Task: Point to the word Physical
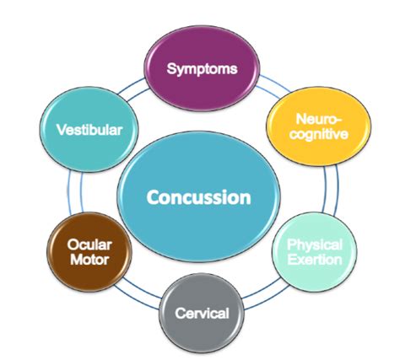(x=314, y=244)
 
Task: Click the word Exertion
(x=314, y=259)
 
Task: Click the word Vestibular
(x=88, y=130)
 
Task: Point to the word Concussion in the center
(x=199, y=198)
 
